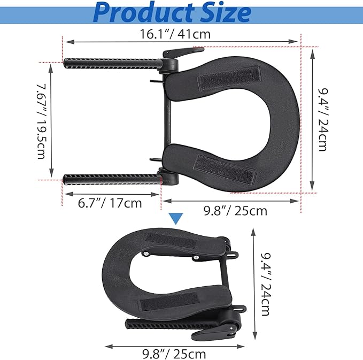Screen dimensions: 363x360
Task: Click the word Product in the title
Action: point(143,13)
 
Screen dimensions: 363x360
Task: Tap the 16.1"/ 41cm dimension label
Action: point(175,34)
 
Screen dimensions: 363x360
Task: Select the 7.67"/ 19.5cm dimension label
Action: point(42,121)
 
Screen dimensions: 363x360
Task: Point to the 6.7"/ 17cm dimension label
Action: point(110,203)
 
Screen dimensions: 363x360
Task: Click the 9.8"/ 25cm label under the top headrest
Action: point(235,211)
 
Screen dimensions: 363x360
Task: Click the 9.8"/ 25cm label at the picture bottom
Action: point(174,354)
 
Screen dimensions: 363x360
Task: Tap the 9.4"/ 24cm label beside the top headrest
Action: point(323,119)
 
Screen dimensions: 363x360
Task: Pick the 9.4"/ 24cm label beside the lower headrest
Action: point(266,284)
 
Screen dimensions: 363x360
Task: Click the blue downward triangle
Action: point(176,218)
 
